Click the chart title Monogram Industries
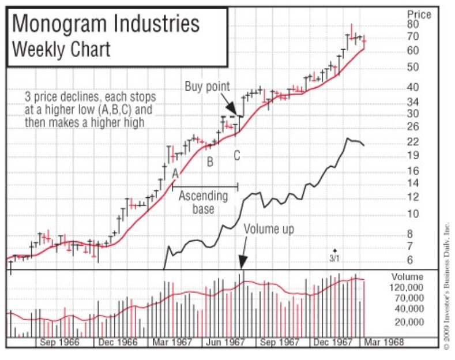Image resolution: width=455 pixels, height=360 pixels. (106, 24)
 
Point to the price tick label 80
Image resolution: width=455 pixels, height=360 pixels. (412, 24)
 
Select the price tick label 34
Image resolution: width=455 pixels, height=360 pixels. (412, 102)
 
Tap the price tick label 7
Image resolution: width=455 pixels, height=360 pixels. (409, 246)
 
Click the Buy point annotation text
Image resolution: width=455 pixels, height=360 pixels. (207, 87)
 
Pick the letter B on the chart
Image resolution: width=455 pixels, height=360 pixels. (210, 162)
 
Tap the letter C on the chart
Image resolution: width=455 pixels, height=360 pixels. (236, 156)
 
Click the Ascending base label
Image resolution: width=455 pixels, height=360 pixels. (203, 202)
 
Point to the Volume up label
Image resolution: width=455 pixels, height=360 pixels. (269, 229)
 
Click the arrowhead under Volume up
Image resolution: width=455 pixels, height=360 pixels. (243, 265)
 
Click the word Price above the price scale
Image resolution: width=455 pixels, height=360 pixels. (419, 14)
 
